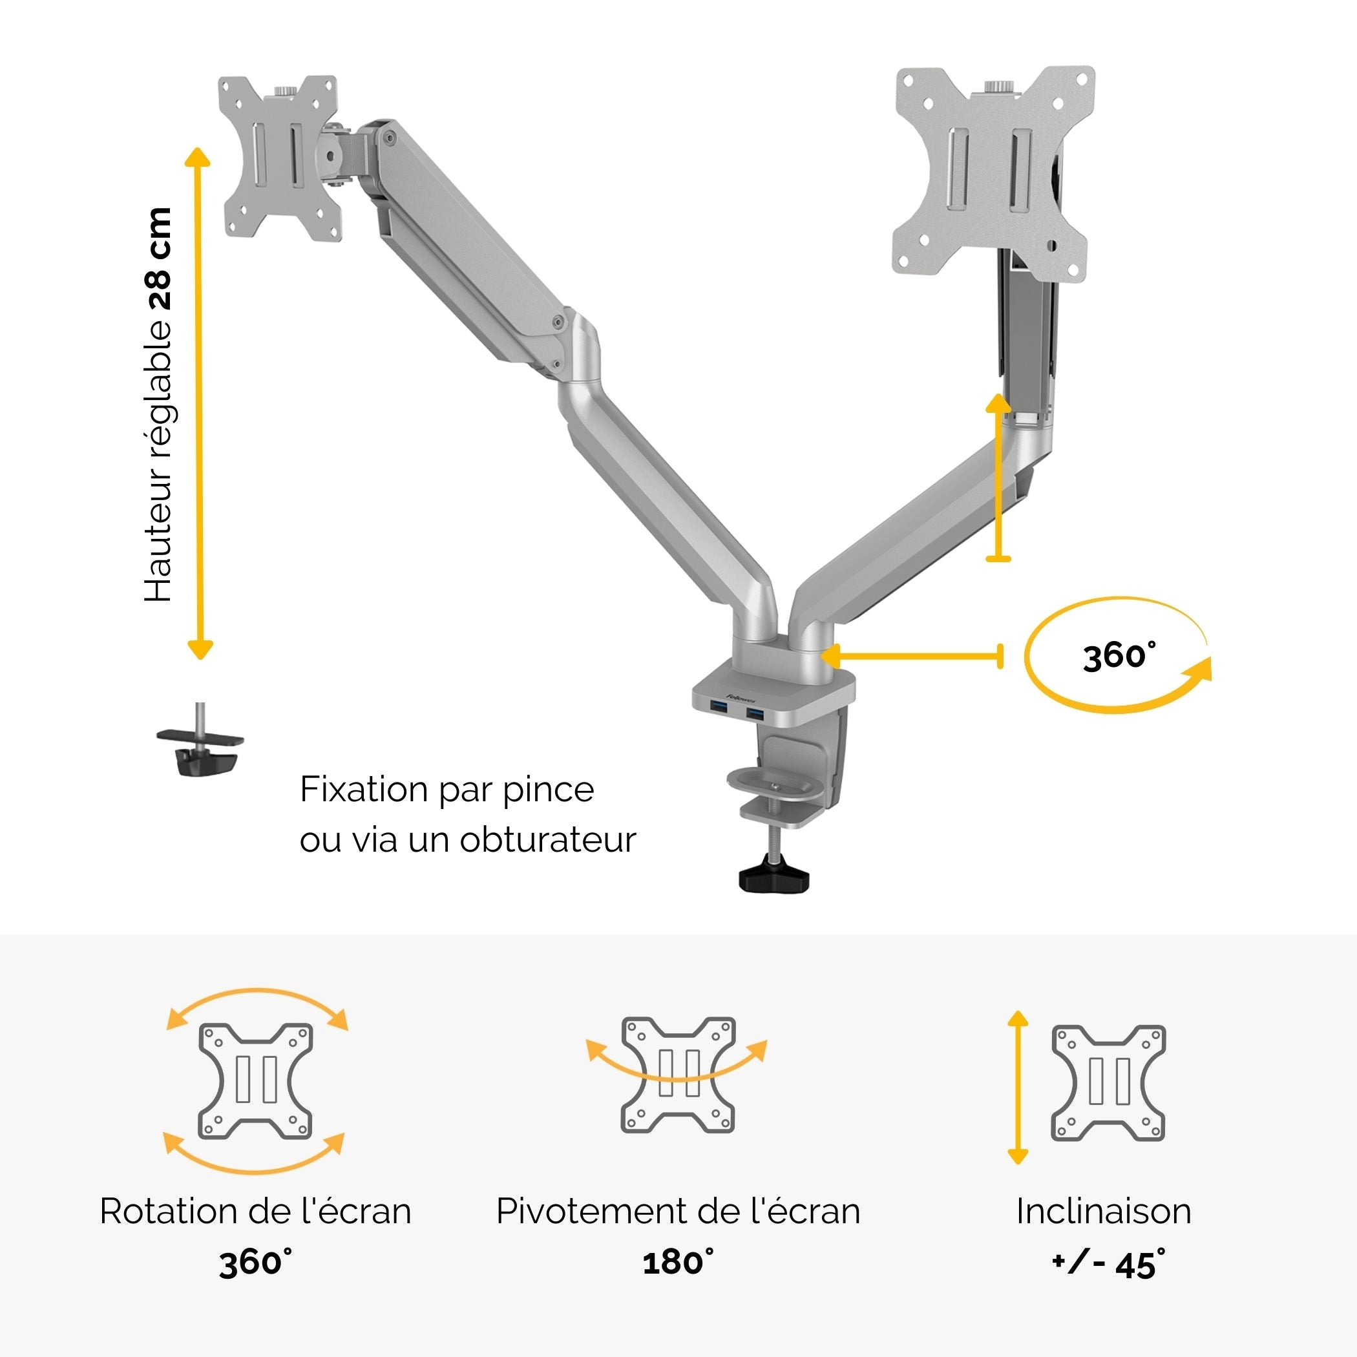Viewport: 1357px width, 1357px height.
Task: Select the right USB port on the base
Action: click(754, 713)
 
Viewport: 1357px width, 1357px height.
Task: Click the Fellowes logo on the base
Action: click(741, 698)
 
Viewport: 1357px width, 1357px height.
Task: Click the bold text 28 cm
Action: click(160, 259)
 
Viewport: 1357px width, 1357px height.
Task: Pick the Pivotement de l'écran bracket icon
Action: click(678, 1075)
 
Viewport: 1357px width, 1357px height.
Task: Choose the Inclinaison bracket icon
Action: click(1108, 1082)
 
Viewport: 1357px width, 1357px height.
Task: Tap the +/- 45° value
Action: click(1108, 1263)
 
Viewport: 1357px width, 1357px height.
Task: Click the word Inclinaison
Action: click(1104, 1211)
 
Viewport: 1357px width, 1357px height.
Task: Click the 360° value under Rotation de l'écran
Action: click(256, 1263)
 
